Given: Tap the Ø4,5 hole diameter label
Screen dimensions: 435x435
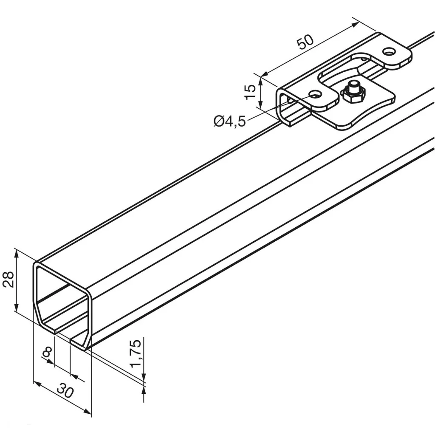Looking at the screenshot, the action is (x=230, y=121).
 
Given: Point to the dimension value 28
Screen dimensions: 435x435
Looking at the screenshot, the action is (x=8, y=280).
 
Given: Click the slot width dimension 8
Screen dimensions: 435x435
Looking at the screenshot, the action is (x=47, y=352).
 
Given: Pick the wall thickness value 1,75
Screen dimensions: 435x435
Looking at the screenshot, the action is (x=136, y=354).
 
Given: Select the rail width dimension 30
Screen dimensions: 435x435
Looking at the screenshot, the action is (x=65, y=392).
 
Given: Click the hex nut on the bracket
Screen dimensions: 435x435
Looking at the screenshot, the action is (x=354, y=95).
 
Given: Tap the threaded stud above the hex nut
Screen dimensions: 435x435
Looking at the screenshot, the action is (x=354, y=85).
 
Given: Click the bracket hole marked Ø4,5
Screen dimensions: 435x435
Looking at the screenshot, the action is (x=315, y=95).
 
